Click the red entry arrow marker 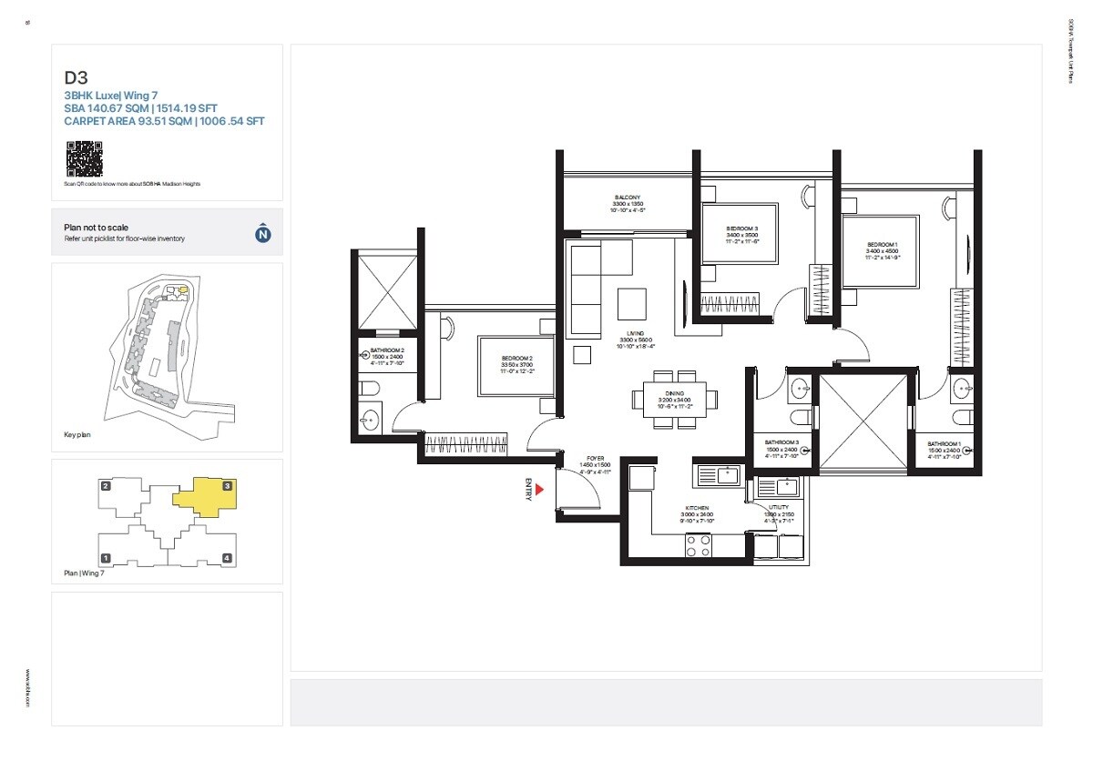539,490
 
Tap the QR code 83,158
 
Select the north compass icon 262,234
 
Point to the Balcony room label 627,198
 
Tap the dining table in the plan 674,398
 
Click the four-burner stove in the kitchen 699,545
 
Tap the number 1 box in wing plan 106,558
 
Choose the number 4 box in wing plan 227,558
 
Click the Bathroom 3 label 781,441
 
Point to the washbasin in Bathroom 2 371,421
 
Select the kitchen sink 727,474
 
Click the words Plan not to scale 97,228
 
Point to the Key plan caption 77,435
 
